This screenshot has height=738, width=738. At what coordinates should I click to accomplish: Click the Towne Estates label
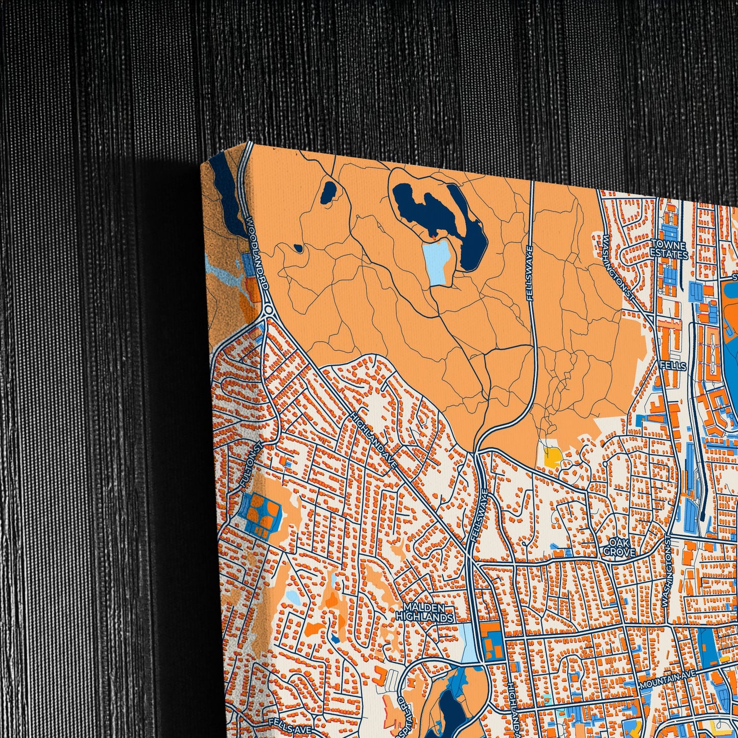click(669, 248)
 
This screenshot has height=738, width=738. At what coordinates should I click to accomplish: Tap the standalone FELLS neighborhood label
click(673, 366)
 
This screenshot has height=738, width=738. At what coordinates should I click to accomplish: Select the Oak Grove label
click(620, 546)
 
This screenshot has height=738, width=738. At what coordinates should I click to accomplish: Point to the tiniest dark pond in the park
click(298, 249)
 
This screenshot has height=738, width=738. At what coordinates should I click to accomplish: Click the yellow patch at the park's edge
click(552, 455)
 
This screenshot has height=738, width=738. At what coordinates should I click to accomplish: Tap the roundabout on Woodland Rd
click(269, 310)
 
